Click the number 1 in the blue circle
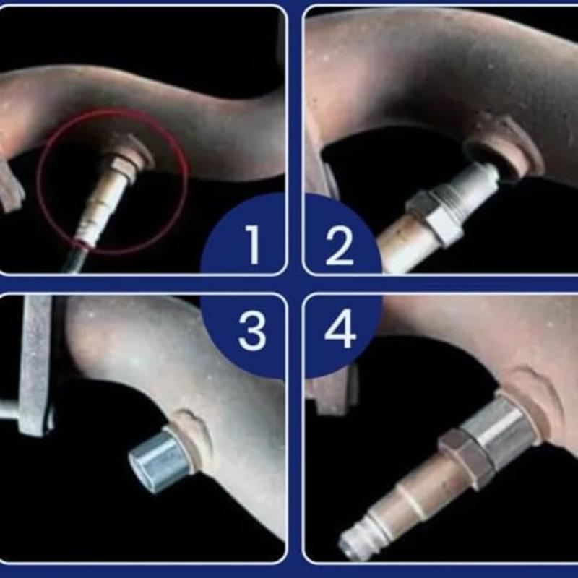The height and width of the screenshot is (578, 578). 252,243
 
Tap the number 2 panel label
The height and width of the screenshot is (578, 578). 339,243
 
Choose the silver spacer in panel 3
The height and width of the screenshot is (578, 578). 159,458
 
